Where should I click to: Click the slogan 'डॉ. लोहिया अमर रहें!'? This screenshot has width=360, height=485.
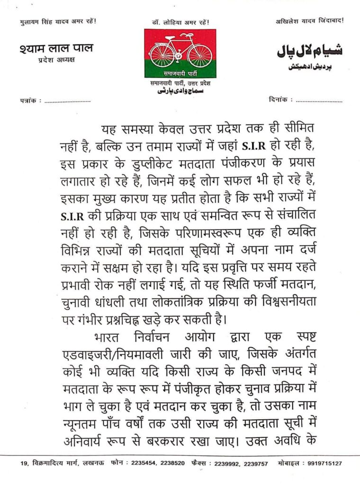(180, 22)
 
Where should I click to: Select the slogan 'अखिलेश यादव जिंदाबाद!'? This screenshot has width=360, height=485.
(310, 21)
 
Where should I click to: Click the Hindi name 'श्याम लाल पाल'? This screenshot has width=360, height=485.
(56, 48)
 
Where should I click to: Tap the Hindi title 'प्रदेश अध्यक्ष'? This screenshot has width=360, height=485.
(56, 60)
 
